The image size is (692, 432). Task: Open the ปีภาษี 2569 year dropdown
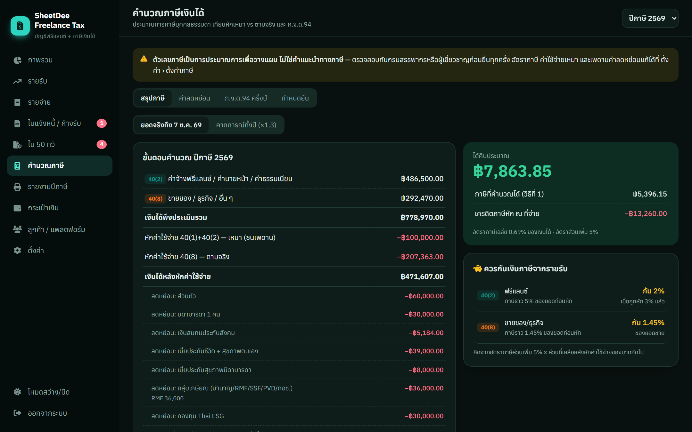pos(650,18)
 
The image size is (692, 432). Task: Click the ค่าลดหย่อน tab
pos(194,98)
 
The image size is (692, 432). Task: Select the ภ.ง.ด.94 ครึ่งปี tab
pos(246,98)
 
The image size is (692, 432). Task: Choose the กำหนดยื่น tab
pos(295,98)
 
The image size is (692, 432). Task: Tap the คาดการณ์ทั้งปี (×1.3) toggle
pos(246,125)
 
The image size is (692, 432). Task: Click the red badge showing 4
pos(102,144)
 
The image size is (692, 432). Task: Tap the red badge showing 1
pos(102,123)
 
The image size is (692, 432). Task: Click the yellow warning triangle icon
pos(144,59)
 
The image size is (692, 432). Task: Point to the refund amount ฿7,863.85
pos(512,171)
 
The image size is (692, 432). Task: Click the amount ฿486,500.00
pos(422,179)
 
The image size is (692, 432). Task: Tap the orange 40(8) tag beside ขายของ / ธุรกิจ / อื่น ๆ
pos(155,198)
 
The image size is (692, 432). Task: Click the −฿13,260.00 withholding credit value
pos(646,213)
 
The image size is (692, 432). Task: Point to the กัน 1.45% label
pos(648,323)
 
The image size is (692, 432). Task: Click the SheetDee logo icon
pos(20,26)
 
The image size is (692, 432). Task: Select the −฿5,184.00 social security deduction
pos(426,333)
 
